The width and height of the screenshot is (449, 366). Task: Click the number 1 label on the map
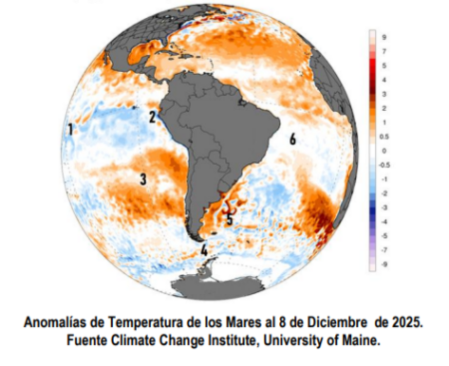(x=71, y=130)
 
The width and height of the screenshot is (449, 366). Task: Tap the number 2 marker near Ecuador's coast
(x=152, y=117)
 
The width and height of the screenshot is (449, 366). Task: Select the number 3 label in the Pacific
(x=143, y=179)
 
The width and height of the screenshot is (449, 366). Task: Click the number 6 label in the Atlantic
(x=293, y=140)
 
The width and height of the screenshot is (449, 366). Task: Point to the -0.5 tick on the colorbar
(x=386, y=165)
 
